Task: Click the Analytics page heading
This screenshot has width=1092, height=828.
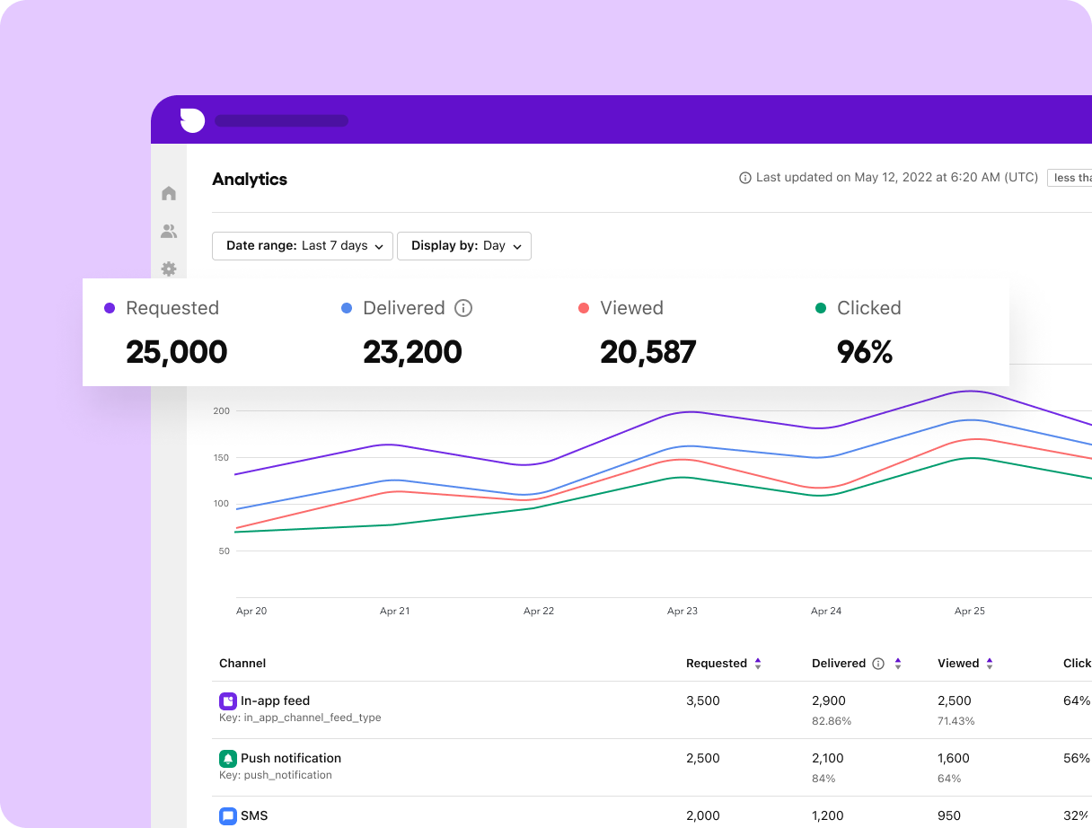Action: [x=250, y=180]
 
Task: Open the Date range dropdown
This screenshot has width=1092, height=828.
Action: [x=303, y=246]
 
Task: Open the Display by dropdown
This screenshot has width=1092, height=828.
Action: [x=464, y=246]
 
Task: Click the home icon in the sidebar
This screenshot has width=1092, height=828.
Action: [x=169, y=193]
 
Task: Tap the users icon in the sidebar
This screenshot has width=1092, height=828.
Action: [x=169, y=232]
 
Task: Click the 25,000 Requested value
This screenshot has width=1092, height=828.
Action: [x=177, y=352]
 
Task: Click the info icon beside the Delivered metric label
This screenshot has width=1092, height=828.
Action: [x=463, y=308]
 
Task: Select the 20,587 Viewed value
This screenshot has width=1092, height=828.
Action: [x=648, y=352]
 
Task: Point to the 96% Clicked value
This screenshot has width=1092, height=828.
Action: [x=865, y=352]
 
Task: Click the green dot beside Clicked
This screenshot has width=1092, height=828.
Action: [x=821, y=308]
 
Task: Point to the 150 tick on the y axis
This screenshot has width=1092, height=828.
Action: [x=221, y=457]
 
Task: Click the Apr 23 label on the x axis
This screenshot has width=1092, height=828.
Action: [x=682, y=611]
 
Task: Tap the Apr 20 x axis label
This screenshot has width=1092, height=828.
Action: [x=251, y=611]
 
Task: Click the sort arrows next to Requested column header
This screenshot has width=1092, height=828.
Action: [x=758, y=664]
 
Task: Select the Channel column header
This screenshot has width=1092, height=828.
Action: [x=242, y=664]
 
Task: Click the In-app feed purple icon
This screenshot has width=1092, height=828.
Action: [x=228, y=701]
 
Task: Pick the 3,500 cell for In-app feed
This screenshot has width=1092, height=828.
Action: [x=703, y=701]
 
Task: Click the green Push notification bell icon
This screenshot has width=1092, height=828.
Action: [x=228, y=759]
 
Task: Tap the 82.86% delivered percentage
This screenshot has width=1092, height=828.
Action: [x=832, y=721]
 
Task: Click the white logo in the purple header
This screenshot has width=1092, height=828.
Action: [x=192, y=119]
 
